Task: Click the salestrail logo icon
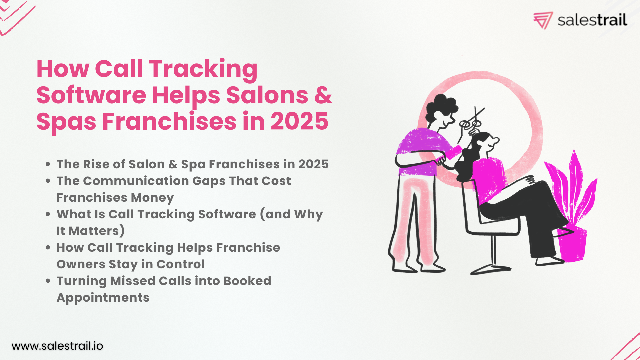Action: (x=543, y=20)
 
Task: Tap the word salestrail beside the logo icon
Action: (x=592, y=20)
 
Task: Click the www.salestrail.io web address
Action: (x=57, y=346)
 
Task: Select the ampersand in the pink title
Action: (x=323, y=95)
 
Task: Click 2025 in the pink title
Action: (x=299, y=121)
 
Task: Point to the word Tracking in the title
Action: (x=203, y=69)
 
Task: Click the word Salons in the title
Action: (x=267, y=95)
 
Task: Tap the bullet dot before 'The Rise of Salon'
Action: (x=48, y=164)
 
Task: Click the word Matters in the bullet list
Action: (x=94, y=231)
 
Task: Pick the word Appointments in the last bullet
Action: (x=103, y=298)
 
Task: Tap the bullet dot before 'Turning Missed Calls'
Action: (x=48, y=281)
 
